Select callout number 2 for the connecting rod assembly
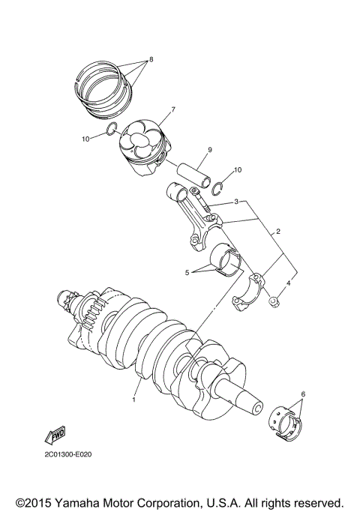point(278,232)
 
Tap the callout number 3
point(236,202)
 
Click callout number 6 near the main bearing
point(302,394)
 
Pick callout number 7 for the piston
point(172,109)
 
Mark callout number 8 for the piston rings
point(151,58)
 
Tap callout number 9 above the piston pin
point(210,150)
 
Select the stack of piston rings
point(106,88)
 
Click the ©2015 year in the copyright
point(35,502)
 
